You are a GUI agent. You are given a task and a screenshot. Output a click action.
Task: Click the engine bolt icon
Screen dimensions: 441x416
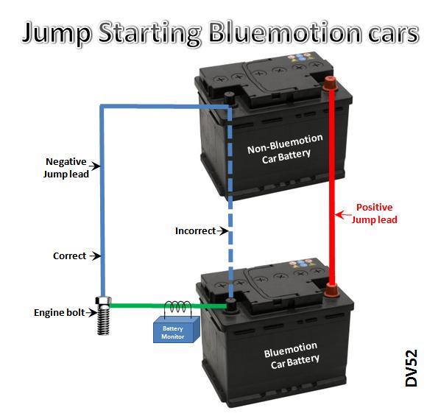pos(104,315)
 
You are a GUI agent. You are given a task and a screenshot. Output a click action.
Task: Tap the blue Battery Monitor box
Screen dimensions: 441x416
pos(177,329)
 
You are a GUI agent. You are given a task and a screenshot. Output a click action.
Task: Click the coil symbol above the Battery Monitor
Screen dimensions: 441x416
pos(177,307)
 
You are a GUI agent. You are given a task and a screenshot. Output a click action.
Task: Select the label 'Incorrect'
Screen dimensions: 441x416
pos(196,231)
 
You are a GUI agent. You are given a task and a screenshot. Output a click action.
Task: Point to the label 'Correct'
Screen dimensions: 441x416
pos(69,256)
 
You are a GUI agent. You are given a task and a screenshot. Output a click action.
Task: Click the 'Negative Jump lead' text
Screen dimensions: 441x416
pos(66,168)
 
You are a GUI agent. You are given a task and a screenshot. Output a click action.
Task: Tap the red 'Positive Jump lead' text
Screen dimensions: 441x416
pos(374,214)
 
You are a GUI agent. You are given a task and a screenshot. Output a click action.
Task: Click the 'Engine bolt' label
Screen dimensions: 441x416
pos(60,312)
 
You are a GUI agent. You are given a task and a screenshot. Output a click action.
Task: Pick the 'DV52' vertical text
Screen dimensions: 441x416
pos(412,368)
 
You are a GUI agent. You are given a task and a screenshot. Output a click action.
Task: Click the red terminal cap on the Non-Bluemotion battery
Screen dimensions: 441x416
pos(330,83)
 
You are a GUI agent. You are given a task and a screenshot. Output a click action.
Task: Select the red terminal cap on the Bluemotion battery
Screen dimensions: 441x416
pos(331,290)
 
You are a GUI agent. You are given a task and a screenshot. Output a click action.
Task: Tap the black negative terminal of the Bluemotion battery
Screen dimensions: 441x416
pos(231,305)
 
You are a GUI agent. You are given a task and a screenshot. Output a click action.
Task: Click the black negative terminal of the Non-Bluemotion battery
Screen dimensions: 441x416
pos(230,99)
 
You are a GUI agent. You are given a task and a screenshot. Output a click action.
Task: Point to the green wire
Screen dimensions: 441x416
pos(168,306)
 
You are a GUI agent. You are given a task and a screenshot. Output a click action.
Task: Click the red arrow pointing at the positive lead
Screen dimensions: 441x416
pos(343,215)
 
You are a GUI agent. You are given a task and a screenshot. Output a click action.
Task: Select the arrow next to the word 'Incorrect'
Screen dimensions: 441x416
pos(222,231)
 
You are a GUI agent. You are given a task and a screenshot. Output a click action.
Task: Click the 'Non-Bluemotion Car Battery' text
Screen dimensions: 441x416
pos(286,149)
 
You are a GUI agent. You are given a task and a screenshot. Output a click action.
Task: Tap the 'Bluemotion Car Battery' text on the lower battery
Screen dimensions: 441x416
pos(292,355)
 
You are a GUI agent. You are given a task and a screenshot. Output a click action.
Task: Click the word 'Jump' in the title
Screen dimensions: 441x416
pos(56,33)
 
